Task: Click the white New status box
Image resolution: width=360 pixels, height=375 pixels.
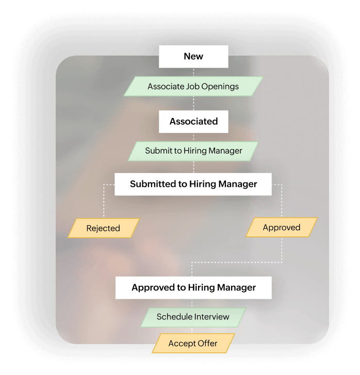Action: [x=193, y=57]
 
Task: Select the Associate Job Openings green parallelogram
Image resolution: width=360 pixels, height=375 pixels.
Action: [x=193, y=87]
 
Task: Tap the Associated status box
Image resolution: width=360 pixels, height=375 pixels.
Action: [x=193, y=122]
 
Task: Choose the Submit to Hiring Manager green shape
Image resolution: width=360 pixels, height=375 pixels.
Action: [x=193, y=151]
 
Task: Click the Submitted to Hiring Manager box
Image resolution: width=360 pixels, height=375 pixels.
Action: [x=193, y=184]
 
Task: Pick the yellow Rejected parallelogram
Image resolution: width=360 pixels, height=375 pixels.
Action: [x=103, y=228]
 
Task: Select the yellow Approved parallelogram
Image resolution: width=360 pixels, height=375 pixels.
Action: [x=281, y=227]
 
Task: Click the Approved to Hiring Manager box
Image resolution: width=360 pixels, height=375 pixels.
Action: [x=193, y=287]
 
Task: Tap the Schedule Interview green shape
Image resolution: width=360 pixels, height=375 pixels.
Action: [x=193, y=317]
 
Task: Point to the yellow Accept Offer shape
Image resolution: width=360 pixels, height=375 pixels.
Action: [x=193, y=344]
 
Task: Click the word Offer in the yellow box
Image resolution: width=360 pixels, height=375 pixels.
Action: [x=207, y=344]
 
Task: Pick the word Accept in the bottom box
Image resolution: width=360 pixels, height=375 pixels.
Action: [x=182, y=344]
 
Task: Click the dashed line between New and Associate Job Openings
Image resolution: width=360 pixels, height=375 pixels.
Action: [x=193, y=72]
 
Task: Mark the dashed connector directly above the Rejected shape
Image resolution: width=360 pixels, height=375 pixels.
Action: [x=104, y=203]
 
